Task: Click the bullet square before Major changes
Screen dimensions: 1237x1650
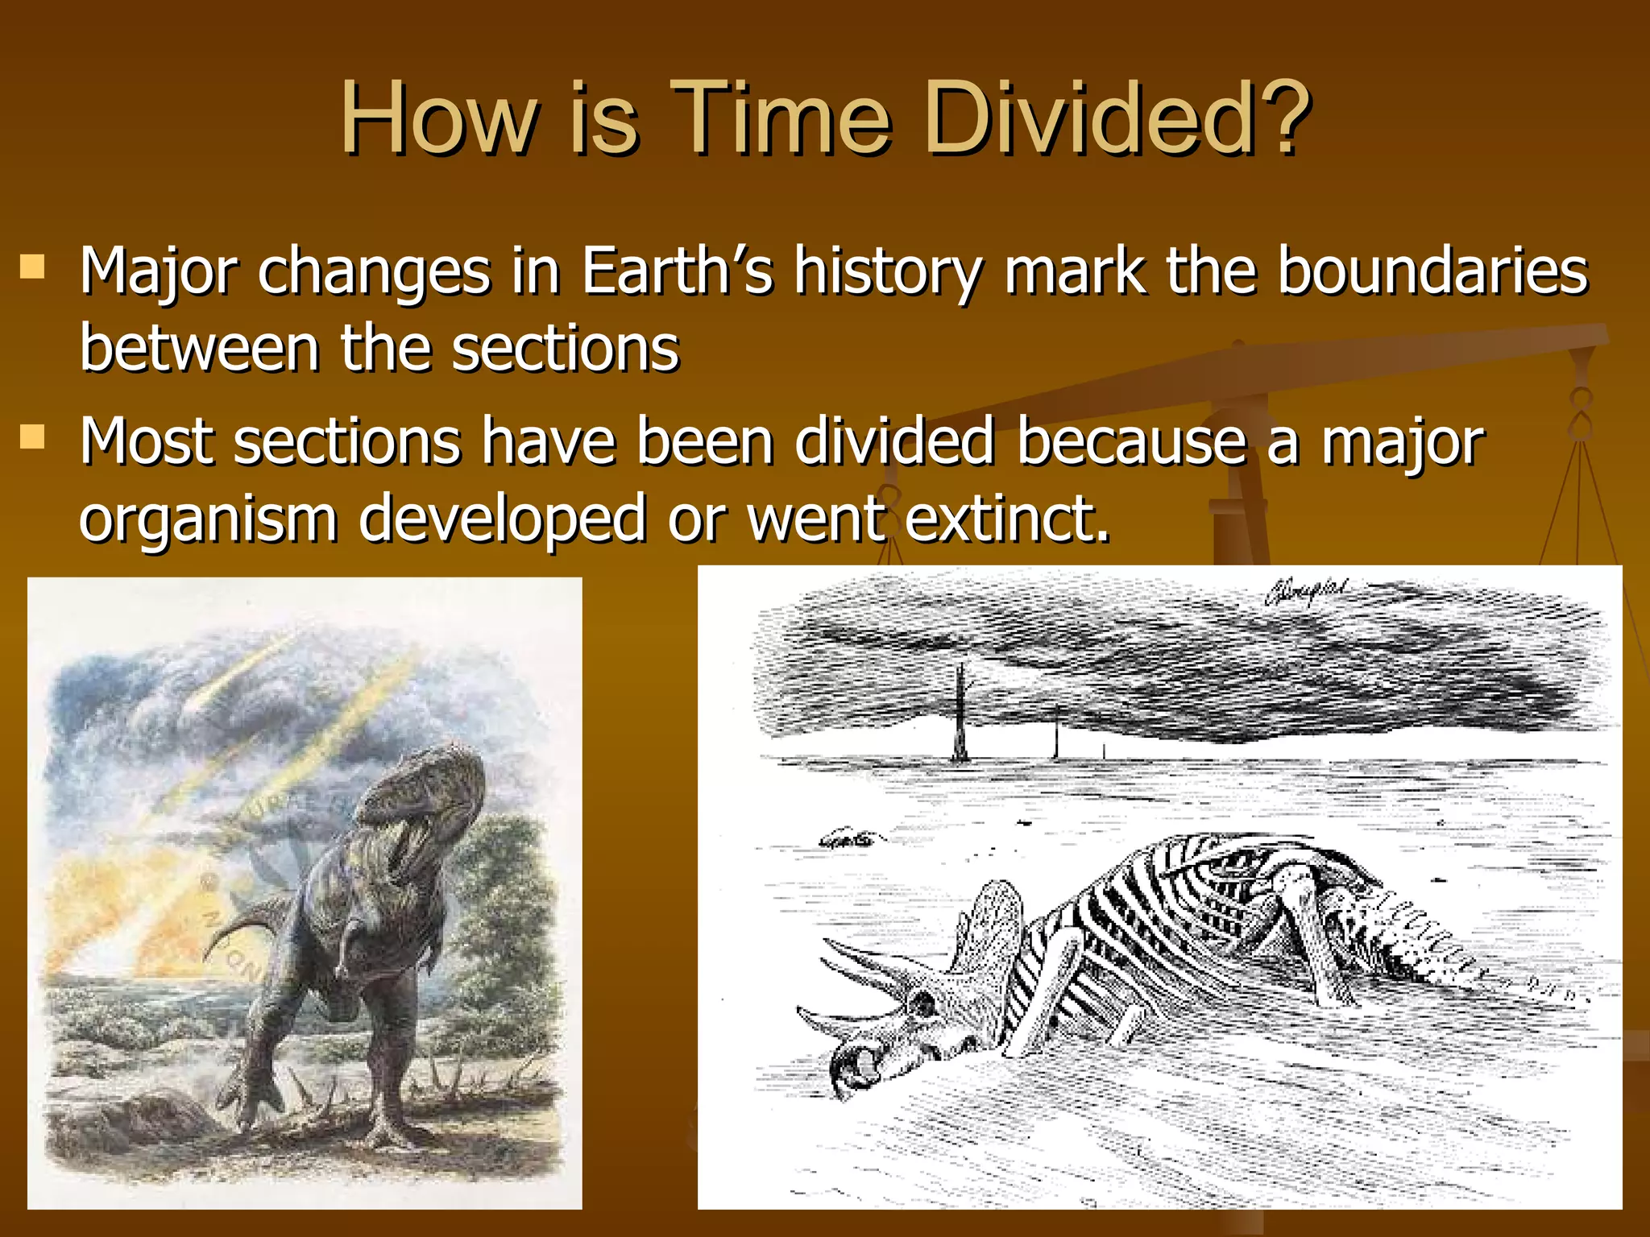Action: point(32,267)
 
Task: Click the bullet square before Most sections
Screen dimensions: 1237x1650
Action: point(32,437)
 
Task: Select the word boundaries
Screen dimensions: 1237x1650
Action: point(1433,271)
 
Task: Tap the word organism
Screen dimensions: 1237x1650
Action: point(208,519)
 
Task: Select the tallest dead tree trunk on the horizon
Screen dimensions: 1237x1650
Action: point(960,713)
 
